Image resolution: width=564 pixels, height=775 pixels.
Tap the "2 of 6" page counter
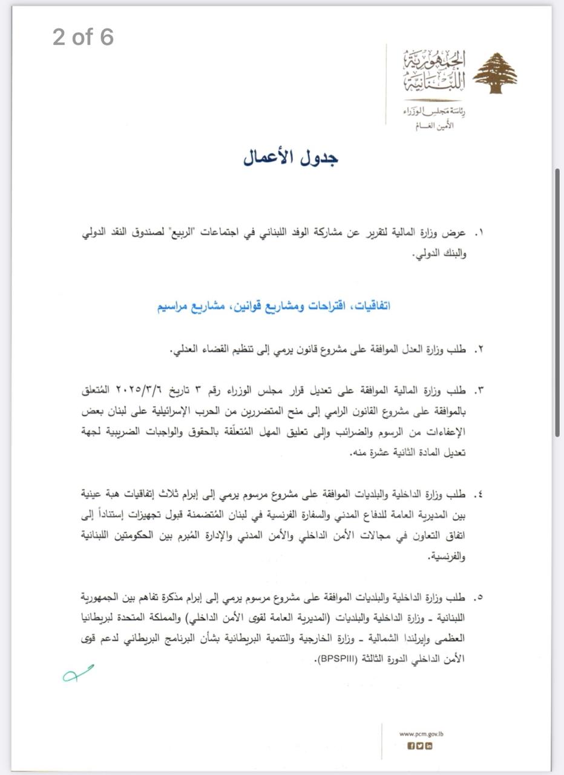[x=83, y=37]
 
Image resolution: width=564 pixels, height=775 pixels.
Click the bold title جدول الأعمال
[x=290, y=157]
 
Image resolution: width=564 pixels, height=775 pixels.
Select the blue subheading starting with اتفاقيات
[x=274, y=306]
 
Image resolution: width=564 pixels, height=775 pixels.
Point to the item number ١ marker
[x=479, y=232]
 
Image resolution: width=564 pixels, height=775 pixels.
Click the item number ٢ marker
[x=479, y=350]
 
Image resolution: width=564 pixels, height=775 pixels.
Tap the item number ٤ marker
[x=479, y=494]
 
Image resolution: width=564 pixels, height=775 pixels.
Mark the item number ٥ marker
[x=479, y=598]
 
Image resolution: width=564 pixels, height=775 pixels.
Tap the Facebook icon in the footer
[x=412, y=746]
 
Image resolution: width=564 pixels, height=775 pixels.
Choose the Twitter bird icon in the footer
[x=420, y=746]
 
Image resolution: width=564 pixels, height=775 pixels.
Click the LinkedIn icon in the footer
[x=429, y=746]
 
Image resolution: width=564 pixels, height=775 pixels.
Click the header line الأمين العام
[x=434, y=127]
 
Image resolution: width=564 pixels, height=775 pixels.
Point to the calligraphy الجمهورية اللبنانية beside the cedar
[x=434, y=71]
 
